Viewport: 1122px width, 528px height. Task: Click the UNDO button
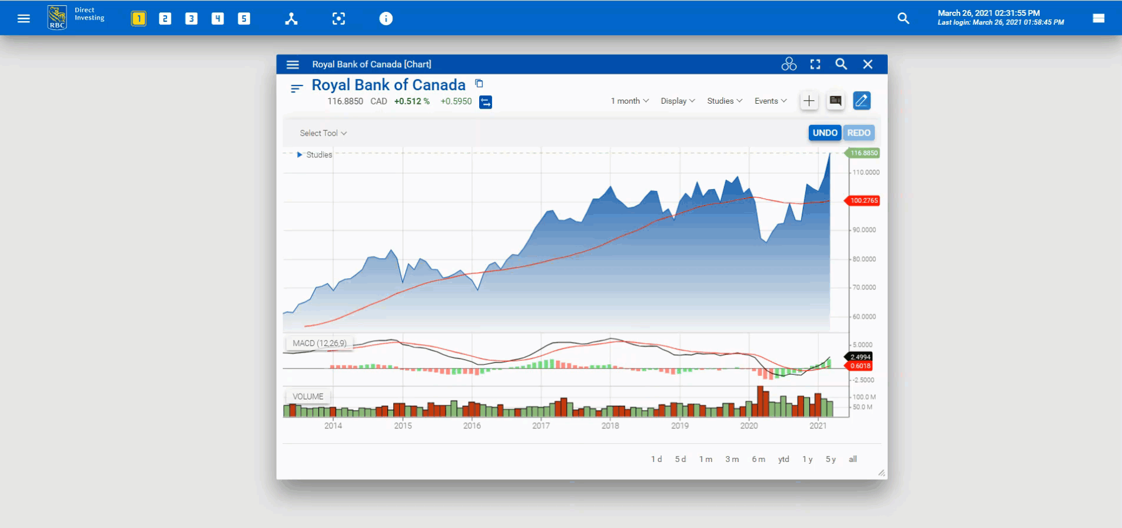point(825,133)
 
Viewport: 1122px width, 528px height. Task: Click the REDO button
point(859,133)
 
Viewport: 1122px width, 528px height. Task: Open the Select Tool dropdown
point(323,133)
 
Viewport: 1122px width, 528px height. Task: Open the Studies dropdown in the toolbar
point(725,101)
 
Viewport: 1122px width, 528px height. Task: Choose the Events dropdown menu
point(771,101)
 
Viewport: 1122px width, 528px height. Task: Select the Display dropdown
point(678,101)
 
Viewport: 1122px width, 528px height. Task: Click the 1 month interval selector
point(629,101)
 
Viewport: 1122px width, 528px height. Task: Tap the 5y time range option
point(831,459)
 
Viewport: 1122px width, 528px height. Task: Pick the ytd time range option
point(784,459)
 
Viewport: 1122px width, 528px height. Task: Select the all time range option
point(852,459)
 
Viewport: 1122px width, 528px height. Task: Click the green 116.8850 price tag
point(864,153)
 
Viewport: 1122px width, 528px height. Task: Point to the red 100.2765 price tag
point(864,200)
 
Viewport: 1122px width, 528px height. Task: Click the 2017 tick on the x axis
point(541,425)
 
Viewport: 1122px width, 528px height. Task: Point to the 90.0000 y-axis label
point(864,230)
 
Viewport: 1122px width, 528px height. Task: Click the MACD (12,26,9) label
point(320,343)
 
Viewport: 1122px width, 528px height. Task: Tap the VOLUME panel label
point(308,397)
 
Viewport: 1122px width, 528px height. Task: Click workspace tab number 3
point(191,19)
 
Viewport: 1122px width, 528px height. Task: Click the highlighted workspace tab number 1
point(138,19)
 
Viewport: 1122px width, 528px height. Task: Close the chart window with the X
point(868,64)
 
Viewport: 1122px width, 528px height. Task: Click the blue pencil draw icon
point(861,101)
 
